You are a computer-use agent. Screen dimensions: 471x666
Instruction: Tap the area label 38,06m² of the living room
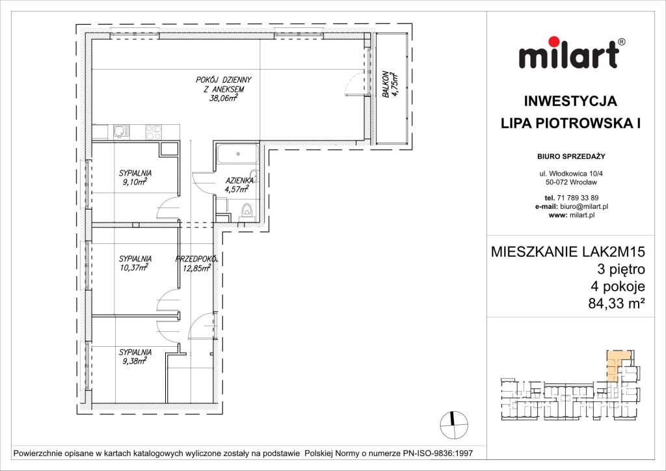(x=223, y=99)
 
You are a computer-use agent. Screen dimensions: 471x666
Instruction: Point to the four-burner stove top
(x=153, y=131)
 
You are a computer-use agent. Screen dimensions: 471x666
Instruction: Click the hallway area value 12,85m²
(x=196, y=267)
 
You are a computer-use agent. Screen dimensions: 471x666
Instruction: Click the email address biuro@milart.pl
(x=581, y=206)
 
